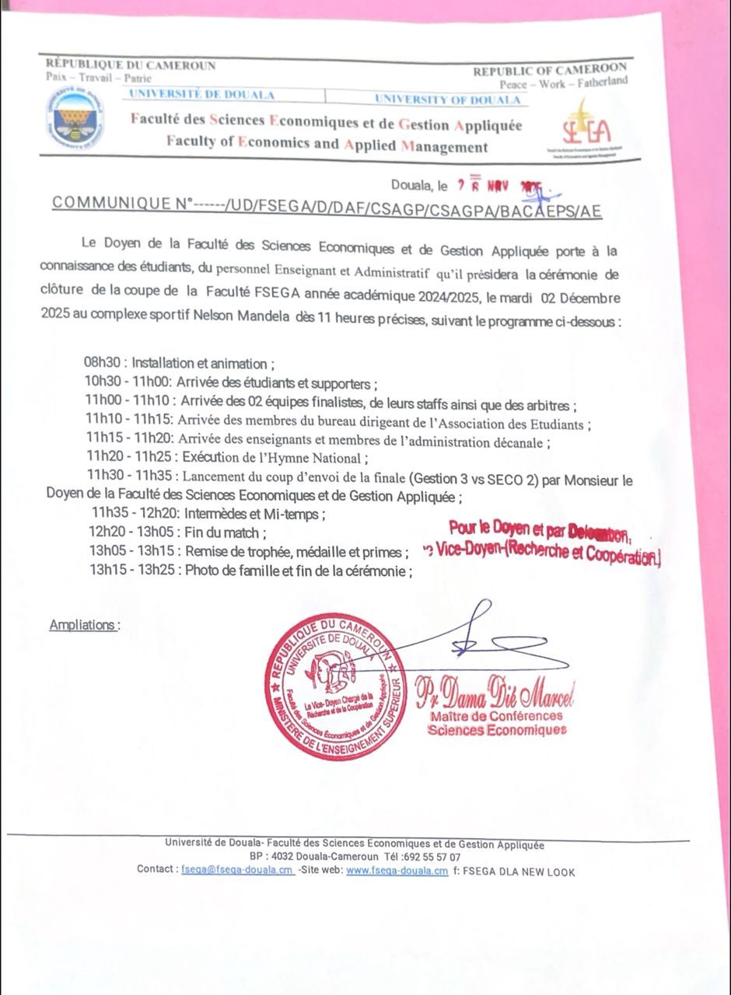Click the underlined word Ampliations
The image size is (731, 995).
pyautogui.click(x=84, y=625)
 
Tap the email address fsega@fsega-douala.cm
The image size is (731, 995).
pyautogui.click(x=236, y=870)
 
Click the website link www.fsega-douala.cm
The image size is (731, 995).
pyautogui.click(x=397, y=871)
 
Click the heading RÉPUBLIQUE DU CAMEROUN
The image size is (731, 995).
pyautogui.click(x=131, y=65)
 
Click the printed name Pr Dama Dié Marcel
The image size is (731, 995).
pyautogui.click(x=495, y=691)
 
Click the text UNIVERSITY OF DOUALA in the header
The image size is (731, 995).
pyautogui.click(x=447, y=99)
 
